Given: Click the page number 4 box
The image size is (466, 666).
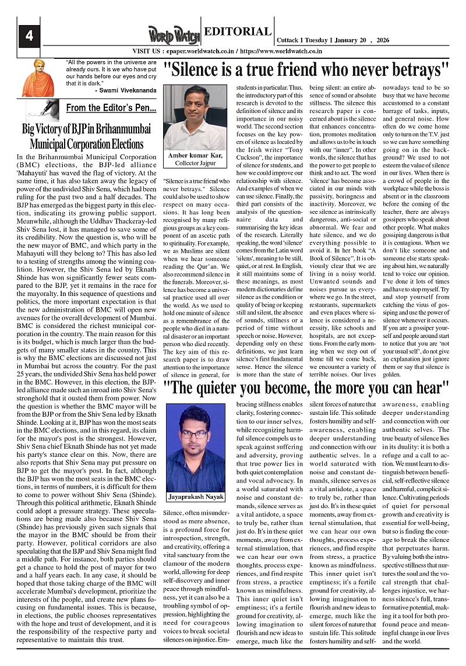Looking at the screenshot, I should [x=29, y=36].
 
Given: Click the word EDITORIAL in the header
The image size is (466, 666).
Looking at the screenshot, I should [x=238, y=32].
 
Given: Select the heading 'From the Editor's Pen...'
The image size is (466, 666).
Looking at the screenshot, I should [x=111, y=108].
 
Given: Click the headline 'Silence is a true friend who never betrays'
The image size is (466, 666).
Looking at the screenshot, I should [x=306, y=70].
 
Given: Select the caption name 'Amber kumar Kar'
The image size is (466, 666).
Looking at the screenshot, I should [x=195, y=156].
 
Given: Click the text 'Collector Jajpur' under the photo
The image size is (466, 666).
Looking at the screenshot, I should [x=195, y=163].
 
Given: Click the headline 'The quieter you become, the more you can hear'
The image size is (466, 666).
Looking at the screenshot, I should [x=306, y=387].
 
